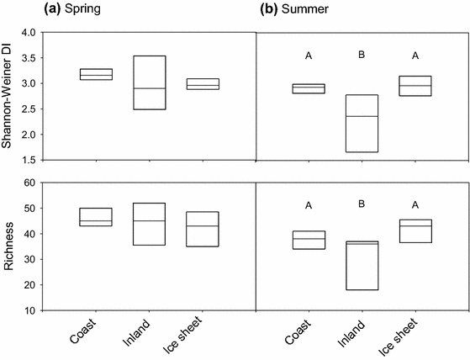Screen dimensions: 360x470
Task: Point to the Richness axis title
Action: coord(12,246)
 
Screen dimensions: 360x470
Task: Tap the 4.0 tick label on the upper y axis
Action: coord(29,33)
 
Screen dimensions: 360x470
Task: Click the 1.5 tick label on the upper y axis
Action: coord(29,160)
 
